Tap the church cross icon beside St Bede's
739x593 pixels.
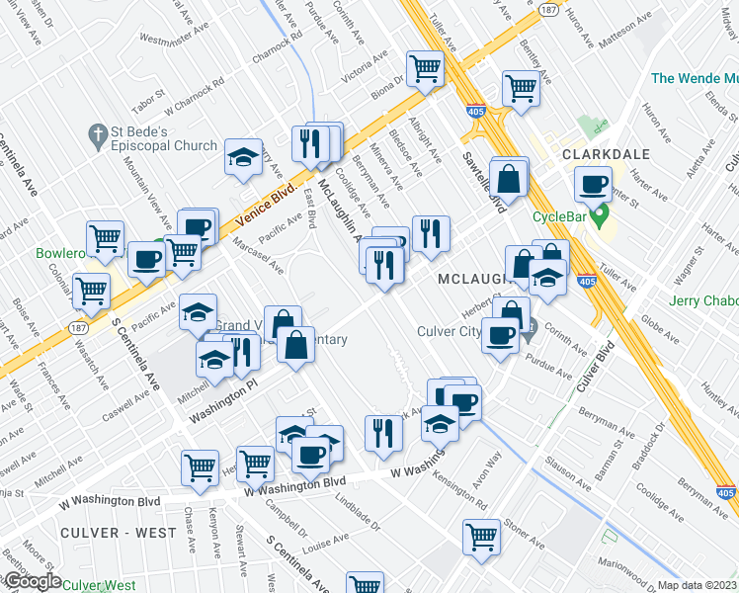point(98,132)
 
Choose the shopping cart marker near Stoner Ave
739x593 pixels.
point(481,537)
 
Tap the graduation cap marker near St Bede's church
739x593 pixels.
point(242,157)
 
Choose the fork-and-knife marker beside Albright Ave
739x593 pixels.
point(431,233)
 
